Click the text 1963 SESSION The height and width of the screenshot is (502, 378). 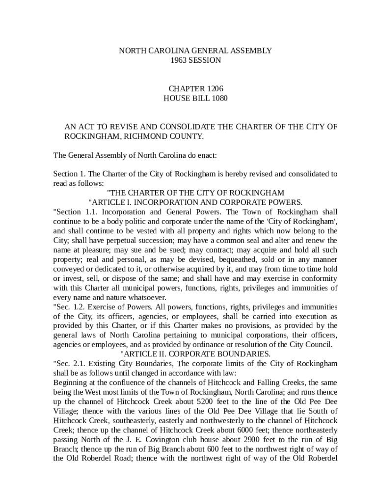(195, 60)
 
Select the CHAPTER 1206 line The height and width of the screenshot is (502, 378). (195, 89)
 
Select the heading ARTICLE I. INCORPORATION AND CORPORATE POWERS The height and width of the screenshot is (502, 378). (195, 202)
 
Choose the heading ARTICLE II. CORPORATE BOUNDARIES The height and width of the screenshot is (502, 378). (195, 353)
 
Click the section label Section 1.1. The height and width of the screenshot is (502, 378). (70, 212)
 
